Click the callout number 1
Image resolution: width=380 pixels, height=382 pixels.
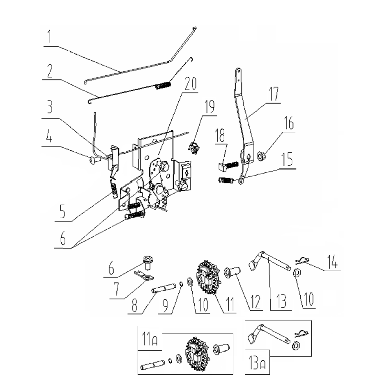50,36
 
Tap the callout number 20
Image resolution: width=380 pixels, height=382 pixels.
191,83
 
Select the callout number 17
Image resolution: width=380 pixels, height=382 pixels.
274,94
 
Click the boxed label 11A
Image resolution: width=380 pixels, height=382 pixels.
150,339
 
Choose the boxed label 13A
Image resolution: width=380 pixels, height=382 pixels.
257,362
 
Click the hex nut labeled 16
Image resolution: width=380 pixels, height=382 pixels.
262,156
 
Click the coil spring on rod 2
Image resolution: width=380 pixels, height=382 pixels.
163,86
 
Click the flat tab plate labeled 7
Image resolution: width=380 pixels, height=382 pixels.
144,276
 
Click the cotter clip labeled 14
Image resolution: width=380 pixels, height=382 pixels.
302,261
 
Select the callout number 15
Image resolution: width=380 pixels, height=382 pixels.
287,159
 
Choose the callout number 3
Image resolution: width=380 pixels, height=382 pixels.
50,106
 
